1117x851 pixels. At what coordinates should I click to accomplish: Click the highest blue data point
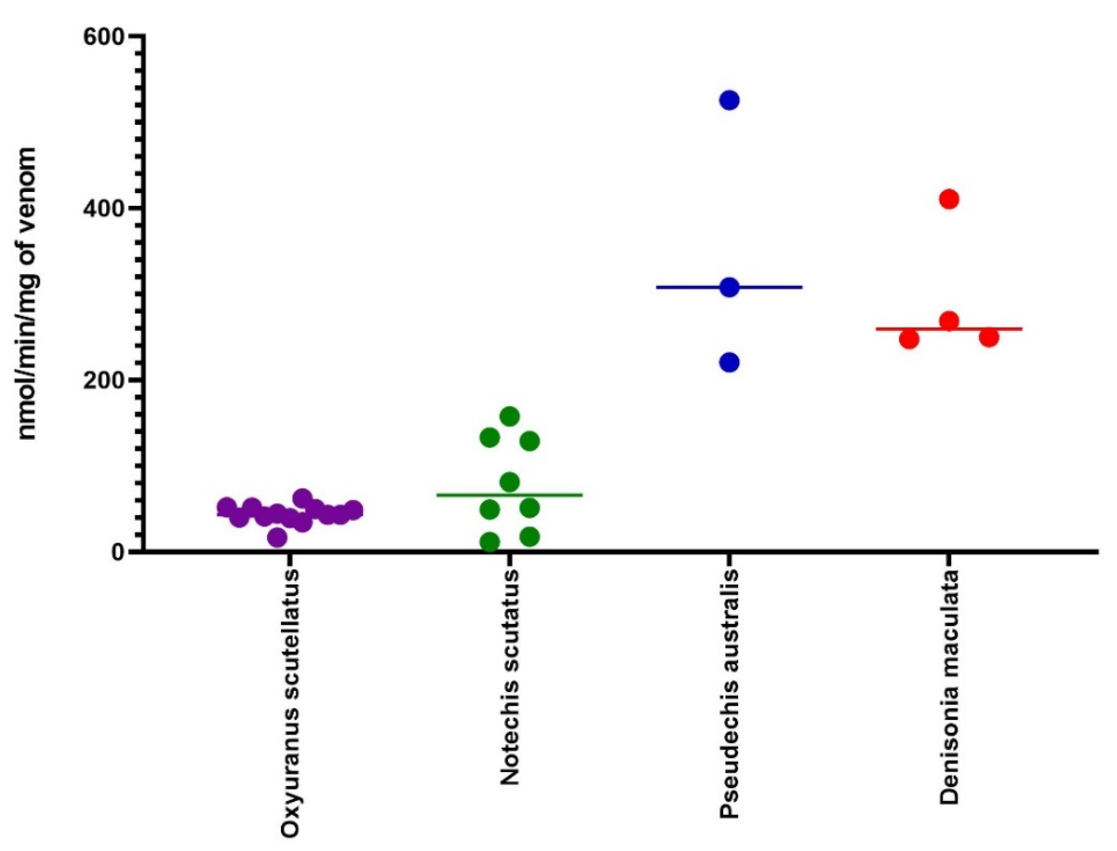pyautogui.click(x=729, y=100)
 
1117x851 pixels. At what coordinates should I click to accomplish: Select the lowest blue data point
pyautogui.click(x=729, y=362)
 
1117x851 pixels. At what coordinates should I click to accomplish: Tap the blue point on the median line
pyautogui.click(x=729, y=287)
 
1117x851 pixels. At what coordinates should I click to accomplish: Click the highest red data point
pyautogui.click(x=949, y=199)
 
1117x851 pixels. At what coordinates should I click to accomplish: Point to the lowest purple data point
pyautogui.click(x=277, y=537)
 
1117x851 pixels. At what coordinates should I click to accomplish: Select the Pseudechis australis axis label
pyautogui.click(x=730, y=702)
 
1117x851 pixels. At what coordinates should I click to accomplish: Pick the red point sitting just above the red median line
pyautogui.click(x=949, y=320)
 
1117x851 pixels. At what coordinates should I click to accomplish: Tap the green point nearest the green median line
pyautogui.click(x=509, y=482)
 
